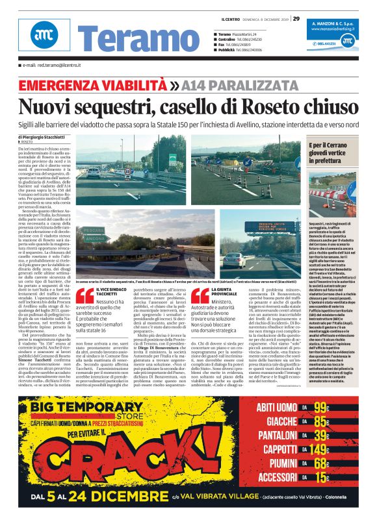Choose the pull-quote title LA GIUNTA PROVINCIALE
pos(227,292)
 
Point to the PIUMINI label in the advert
pos(276,463)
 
